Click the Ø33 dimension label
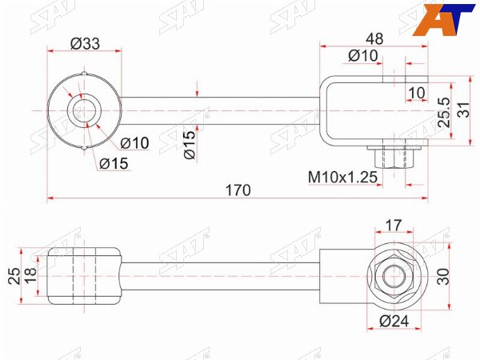85,43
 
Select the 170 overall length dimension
238,190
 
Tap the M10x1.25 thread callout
342,177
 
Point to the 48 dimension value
374,38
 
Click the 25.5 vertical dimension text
445,112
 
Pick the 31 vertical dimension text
463,110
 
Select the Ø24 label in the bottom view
394,321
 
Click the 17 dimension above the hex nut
393,226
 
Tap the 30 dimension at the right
443,277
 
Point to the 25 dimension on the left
14,276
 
